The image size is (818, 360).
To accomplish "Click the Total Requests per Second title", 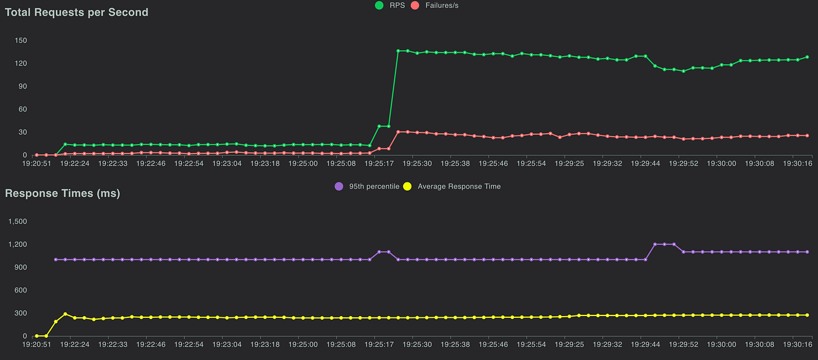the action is click(x=76, y=13).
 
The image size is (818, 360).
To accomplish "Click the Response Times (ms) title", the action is click(x=63, y=193).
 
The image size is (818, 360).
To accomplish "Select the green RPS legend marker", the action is click(x=379, y=5).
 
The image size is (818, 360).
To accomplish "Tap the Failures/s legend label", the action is click(x=442, y=5).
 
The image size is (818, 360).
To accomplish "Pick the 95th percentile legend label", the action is click(x=374, y=187).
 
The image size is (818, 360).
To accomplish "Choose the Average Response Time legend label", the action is click(x=459, y=187).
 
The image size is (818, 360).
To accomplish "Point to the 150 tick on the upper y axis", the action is click(x=21, y=40).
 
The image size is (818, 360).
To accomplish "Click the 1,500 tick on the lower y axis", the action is click(x=17, y=222).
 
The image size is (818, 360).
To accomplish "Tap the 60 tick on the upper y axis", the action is click(x=23, y=109).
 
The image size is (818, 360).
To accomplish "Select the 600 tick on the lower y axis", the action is click(x=21, y=290).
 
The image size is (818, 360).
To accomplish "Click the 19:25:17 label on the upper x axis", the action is click(x=379, y=164).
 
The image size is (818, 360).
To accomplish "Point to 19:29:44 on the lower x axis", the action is click(x=645, y=345).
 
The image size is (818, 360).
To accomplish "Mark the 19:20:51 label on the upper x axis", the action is click(x=37, y=164).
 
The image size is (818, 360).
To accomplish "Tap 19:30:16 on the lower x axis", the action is click(x=798, y=345).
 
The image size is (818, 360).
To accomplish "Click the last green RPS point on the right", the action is click(x=807, y=57).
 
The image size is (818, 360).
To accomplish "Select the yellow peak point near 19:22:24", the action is click(x=65, y=314).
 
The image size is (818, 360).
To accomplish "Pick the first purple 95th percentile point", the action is click(x=55, y=259).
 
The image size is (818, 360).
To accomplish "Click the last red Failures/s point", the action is click(x=807, y=135).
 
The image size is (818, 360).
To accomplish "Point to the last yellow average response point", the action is click(x=807, y=315).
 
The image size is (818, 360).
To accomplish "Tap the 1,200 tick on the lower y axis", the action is click(x=17, y=244).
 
